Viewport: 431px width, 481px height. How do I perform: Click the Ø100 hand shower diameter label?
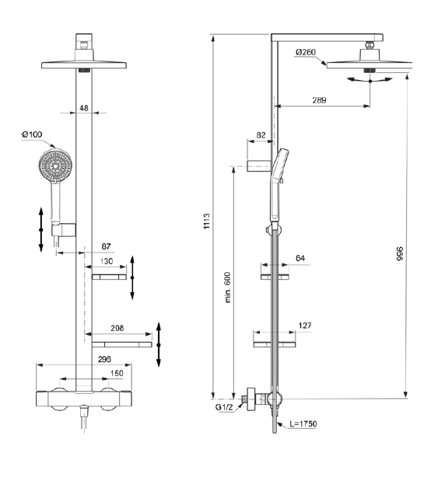click(32, 134)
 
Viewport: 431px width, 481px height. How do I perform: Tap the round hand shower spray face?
click(55, 166)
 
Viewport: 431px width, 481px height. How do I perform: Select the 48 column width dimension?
click(83, 108)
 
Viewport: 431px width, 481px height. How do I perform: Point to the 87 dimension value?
click(106, 246)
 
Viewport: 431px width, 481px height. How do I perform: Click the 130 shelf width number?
click(107, 261)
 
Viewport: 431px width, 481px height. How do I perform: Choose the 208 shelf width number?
click(117, 328)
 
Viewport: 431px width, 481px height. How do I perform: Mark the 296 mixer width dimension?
click(104, 359)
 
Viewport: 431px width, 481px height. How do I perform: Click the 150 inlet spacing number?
click(117, 373)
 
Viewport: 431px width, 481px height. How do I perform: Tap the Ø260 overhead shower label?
click(305, 52)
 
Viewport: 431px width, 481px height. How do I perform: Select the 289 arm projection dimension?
click(319, 100)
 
